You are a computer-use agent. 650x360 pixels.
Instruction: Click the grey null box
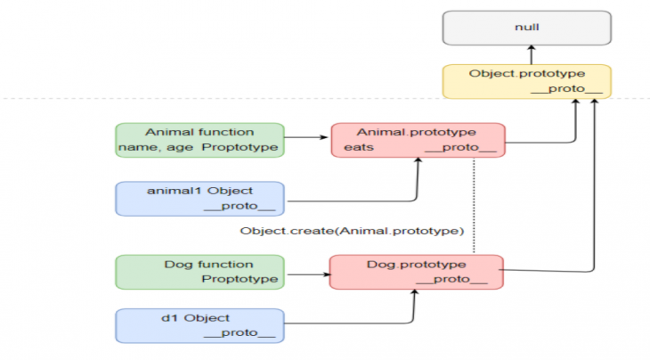tap(527, 28)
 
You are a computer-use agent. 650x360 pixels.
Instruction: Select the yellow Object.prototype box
tap(527, 81)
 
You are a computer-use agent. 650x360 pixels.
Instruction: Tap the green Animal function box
tap(199, 140)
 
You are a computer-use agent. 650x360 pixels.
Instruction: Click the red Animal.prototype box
tap(418, 140)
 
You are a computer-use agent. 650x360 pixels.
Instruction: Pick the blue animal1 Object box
tap(199, 199)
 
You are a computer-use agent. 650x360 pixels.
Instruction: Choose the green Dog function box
tap(199, 272)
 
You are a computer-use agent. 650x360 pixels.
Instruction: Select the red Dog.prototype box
tap(416, 272)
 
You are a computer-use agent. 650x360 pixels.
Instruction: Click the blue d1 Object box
tap(199, 325)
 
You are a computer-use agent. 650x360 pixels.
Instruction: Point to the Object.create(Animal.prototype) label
tap(352, 231)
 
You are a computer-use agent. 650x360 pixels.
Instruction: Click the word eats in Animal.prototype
tap(359, 147)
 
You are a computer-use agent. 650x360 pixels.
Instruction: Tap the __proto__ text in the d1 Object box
tap(240, 332)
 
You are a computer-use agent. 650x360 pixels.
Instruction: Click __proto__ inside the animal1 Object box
tap(240, 206)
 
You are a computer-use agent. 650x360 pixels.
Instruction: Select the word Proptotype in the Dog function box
tap(240, 279)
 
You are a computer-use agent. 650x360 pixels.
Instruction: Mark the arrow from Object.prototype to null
tap(532, 54)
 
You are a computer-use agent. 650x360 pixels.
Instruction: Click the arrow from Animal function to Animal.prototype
tap(306, 137)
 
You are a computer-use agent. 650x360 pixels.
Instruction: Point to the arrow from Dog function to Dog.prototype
tap(309, 274)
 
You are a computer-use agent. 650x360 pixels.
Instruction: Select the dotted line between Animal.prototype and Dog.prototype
tap(474, 206)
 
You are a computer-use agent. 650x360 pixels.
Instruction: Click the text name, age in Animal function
tap(156, 148)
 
